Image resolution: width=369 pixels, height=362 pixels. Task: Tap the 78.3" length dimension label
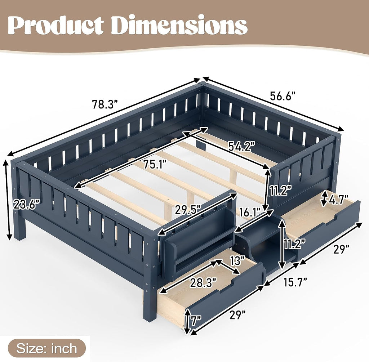[x=105, y=104]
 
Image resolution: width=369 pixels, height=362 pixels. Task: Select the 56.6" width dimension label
[x=283, y=96]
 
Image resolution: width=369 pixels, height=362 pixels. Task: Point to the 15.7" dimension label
[x=295, y=282]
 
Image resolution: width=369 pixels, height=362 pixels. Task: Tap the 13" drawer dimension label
[x=236, y=260]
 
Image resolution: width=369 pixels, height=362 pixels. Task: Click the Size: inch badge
[x=47, y=348]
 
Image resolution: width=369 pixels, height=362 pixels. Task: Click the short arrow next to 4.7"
[x=325, y=198]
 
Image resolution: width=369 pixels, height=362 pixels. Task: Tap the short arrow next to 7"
[x=187, y=322]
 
